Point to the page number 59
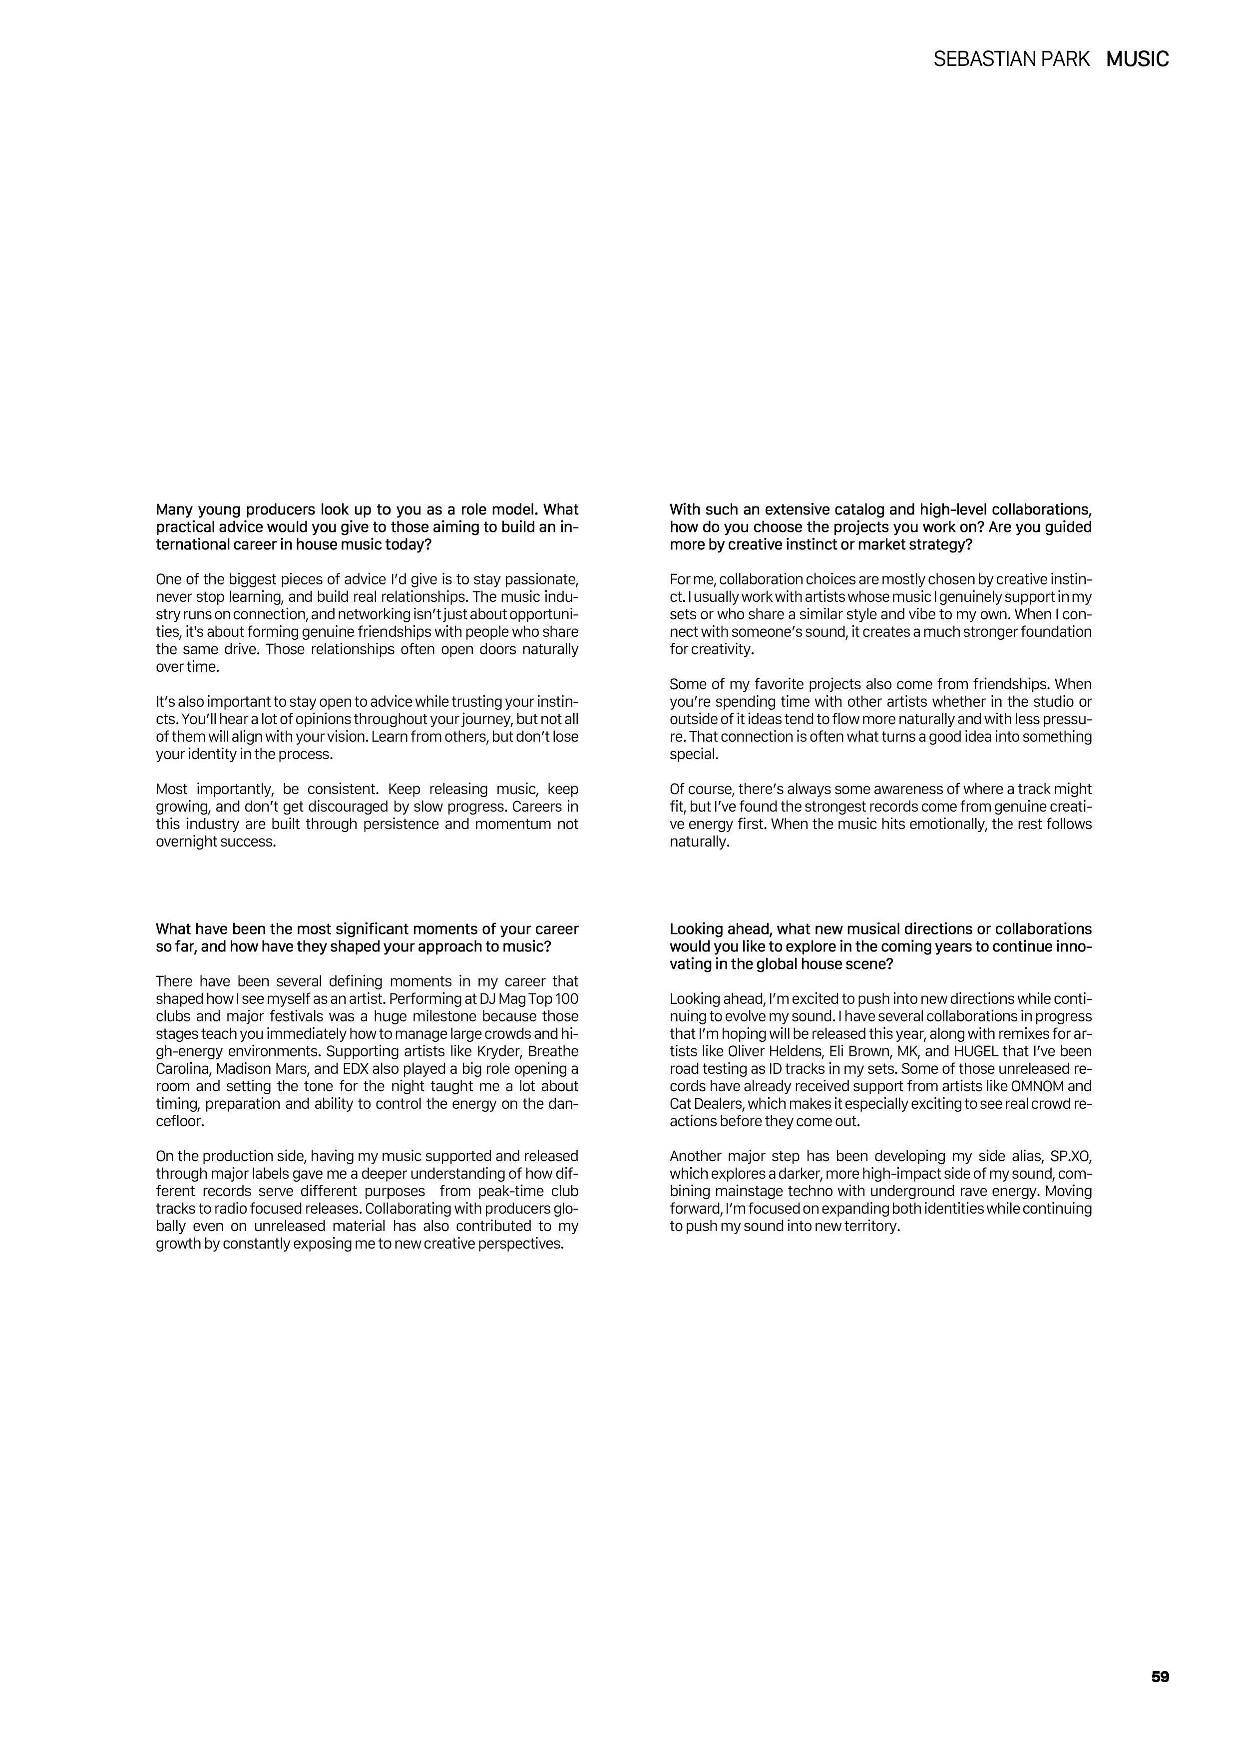coord(1160,1677)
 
